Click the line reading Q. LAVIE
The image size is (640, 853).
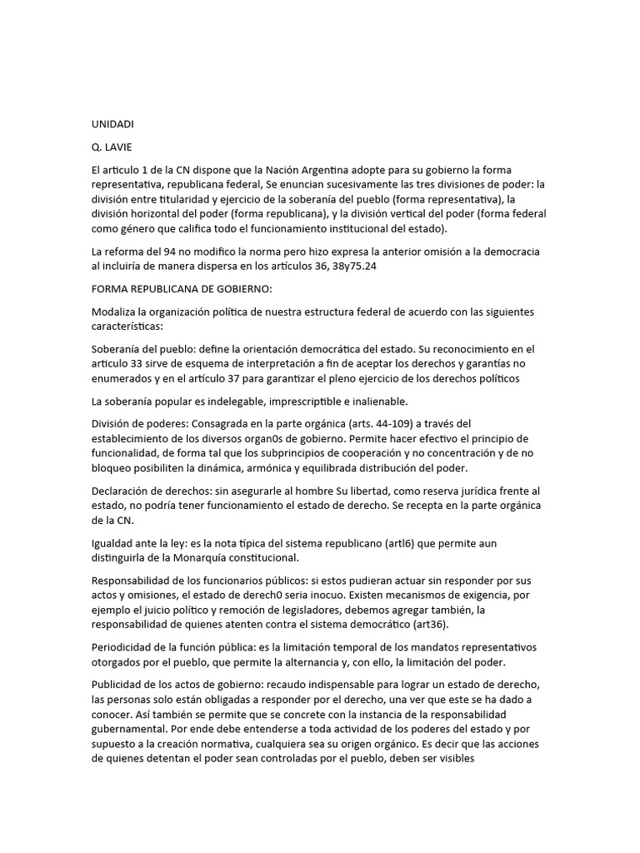click(x=111, y=147)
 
